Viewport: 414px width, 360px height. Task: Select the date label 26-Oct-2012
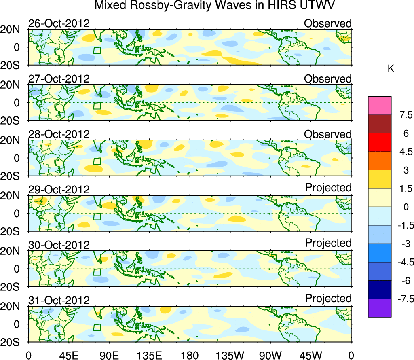[x=59, y=23]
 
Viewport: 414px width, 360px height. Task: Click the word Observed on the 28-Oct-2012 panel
[x=328, y=134]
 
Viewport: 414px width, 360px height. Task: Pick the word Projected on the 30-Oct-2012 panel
[x=328, y=243]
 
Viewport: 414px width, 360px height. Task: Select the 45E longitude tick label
[x=68, y=355]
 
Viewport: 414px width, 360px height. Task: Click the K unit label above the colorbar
[x=391, y=69]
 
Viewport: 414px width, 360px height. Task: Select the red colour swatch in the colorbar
[x=380, y=142]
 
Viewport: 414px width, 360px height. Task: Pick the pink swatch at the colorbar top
[x=380, y=106]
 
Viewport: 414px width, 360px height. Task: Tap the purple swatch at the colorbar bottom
[x=380, y=308]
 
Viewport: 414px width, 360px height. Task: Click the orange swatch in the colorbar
[x=380, y=161]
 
